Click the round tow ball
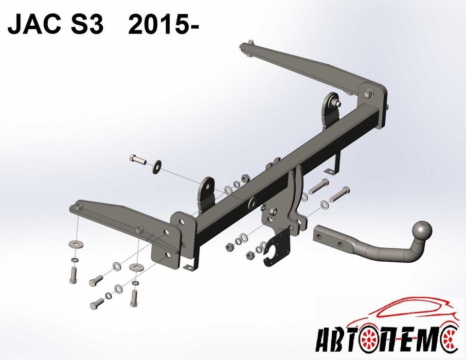point(421,231)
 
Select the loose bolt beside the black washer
point(138,159)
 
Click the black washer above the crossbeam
point(157,167)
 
